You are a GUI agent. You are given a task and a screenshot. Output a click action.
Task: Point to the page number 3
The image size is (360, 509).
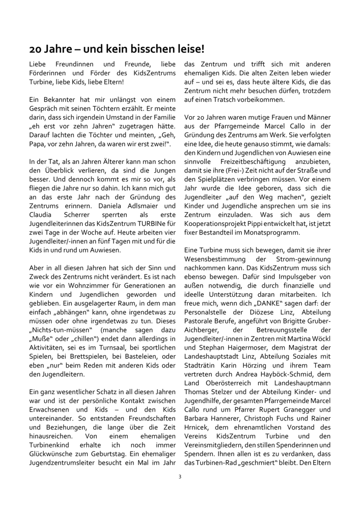[x=180, y=476]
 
